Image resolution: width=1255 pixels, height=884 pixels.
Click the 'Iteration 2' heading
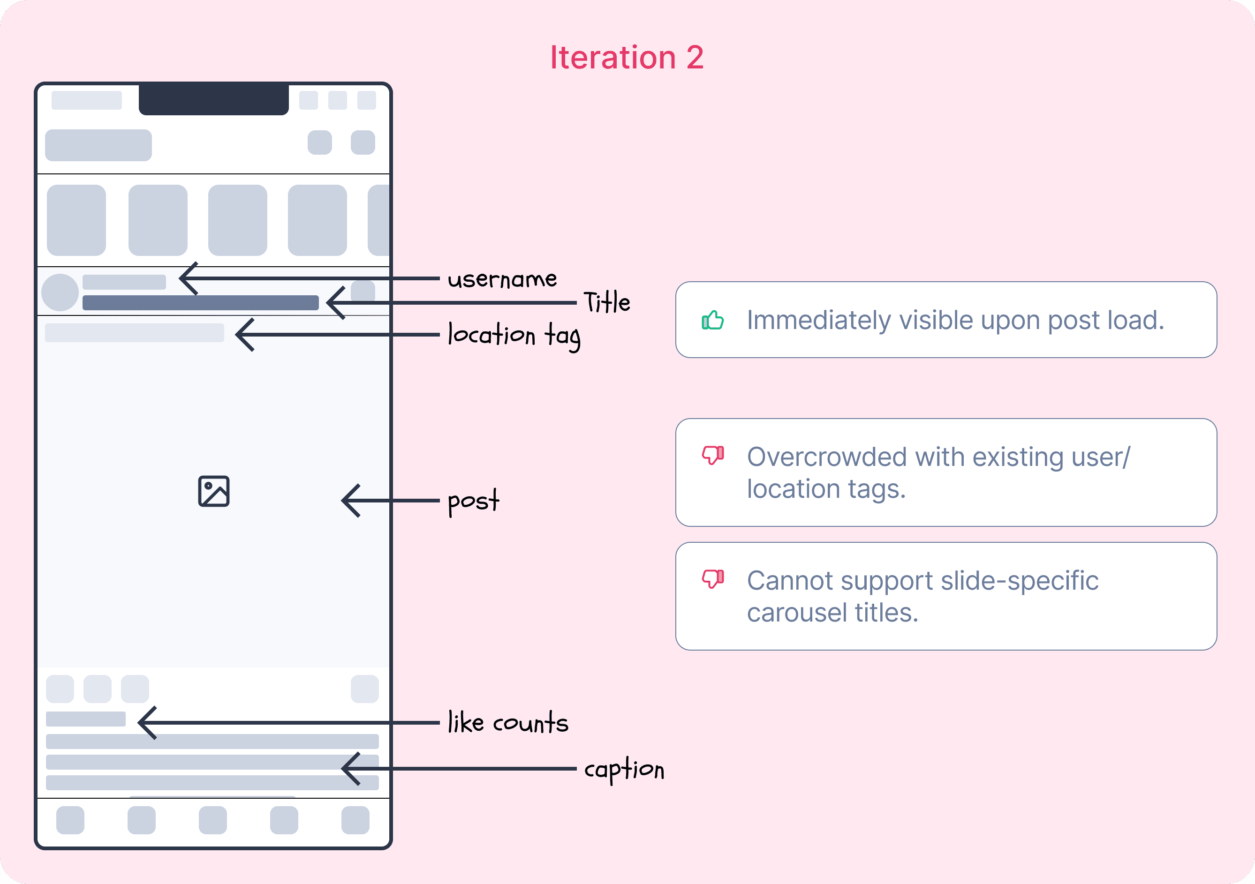pos(627,57)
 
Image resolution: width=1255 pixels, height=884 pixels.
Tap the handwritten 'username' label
pos(502,280)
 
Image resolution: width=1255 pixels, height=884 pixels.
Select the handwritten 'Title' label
pos(607,302)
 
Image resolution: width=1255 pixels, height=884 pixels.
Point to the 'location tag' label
pos(514,335)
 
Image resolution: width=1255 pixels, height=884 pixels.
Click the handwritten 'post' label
pos(473,501)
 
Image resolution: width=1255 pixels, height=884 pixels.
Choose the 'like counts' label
pos(508,723)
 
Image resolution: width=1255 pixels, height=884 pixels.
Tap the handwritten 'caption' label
pos(624,769)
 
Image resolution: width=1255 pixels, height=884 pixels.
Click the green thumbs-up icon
pos(713,320)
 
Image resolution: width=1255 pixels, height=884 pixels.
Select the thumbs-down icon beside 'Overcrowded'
pos(713,455)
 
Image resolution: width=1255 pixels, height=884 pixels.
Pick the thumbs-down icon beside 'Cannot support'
pos(713,578)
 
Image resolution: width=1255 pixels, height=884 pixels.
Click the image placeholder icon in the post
pos(214,491)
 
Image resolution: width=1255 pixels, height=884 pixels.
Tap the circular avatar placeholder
pos(60,292)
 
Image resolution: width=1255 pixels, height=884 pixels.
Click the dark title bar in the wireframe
pos(200,303)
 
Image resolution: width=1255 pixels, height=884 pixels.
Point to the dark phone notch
pos(214,99)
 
